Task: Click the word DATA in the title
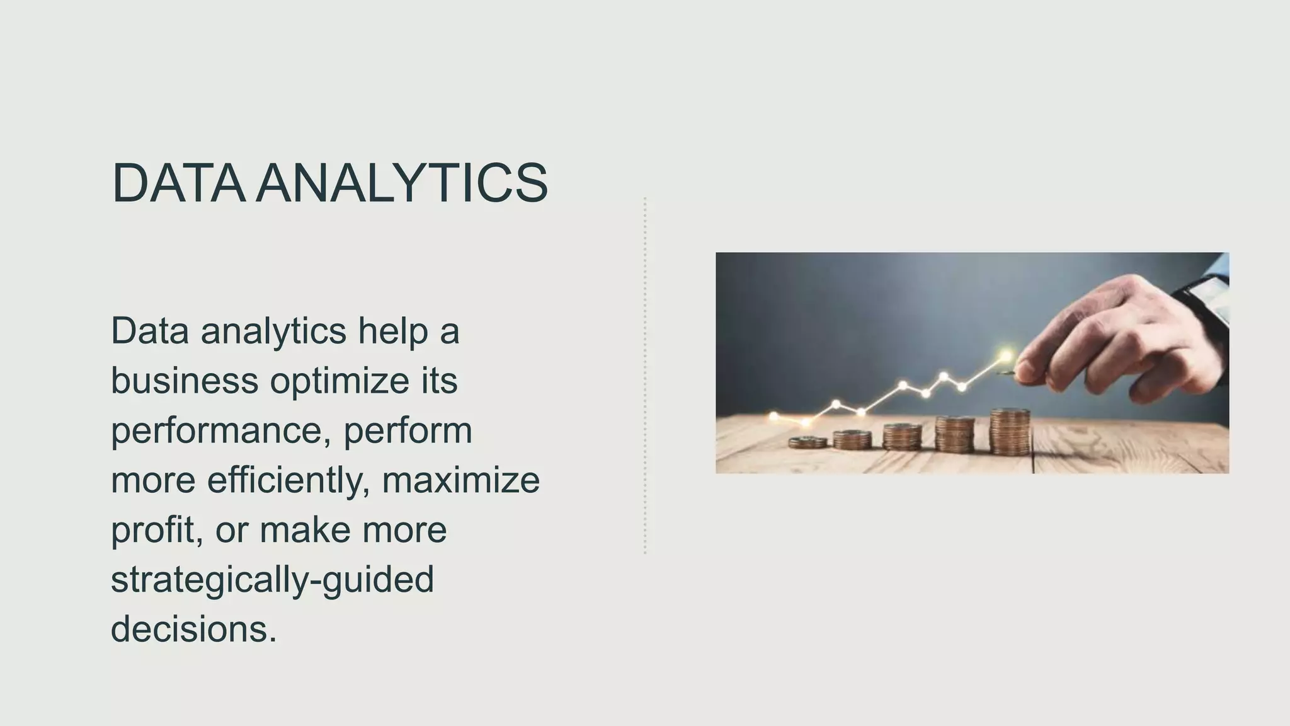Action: click(178, 183)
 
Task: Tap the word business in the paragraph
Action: click(185, 381)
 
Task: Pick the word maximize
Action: click(461, 480)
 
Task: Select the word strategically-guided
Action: click(272, 580)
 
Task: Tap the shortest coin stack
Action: click(808, 442)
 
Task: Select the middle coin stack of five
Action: click(902, 437)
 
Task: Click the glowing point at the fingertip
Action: click(1006, 357)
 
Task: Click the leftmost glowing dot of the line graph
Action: click(774, 416)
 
